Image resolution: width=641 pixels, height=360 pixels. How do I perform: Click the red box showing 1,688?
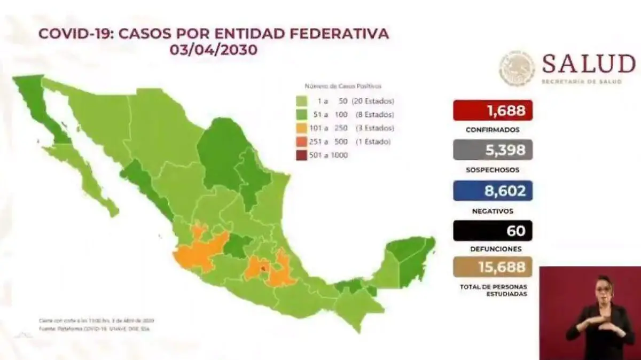(x=493, y=111)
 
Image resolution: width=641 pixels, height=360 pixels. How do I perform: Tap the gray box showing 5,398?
(x=493, y=151)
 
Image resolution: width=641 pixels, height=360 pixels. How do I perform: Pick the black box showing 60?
(x=493, y=231)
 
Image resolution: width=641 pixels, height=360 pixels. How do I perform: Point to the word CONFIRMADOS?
(x=493, y=130)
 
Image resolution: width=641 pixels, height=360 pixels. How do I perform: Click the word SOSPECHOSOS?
(x=493, y=170)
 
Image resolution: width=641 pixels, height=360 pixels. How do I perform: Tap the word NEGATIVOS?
(x=493, y=210)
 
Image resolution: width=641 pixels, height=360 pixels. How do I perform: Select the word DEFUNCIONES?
(x=493, y=249)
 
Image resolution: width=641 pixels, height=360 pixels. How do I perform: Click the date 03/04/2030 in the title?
(x=214, y=50)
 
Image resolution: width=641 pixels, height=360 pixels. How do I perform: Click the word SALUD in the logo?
(x=588, y=65)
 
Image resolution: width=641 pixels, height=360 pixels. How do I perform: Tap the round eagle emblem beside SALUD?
(x=517, y=69)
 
